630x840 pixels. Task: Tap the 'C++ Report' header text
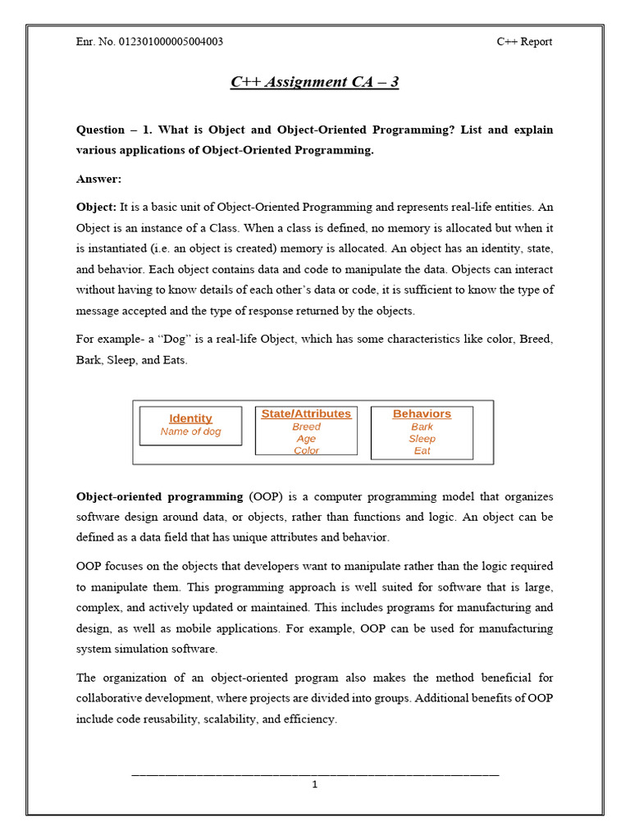pyautogui.click(x=524, y=42)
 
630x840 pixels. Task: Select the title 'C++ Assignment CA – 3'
pyautogui.click(x=314, y=82)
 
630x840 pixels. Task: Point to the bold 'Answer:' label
pyautogui.click(x=98, y=179)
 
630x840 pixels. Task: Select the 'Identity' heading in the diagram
pyautogui.click(x=190, y=418)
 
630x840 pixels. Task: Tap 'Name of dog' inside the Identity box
pyautogui.click(x=190, y=431)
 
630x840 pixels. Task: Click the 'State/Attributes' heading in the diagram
pyautogui.click(x=306, y=413)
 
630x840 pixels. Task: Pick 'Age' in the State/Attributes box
pyautogui.click(x=306, y=439)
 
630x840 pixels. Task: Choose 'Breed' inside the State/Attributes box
pyautogui.click(x=306, y=427)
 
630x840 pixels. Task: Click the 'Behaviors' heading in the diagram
pyautogui.click(x=422, y=413)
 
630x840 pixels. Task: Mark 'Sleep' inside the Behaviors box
pyautogui.click(x=422, y=439)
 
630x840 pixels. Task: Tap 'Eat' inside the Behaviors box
pyautogui.click(x=422, y=450)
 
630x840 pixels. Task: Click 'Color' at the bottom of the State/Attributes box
pyautogui.click(x=306, y=450)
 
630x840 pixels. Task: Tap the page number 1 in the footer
pyautogui.click(x=314, y=784)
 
